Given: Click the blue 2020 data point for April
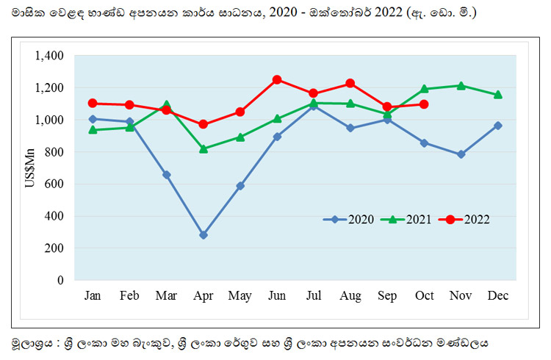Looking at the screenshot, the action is pyautogui.click(x=203, y=235).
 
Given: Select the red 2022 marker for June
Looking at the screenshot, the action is pyautogui.click(x=277, y=80).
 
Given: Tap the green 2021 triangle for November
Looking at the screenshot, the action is pyautogui.click(x=461, y=86).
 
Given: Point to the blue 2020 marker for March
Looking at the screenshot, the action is pyautogui.click(x=167, y=175).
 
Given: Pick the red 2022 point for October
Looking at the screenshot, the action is pyautogui.click(x=424, y=104).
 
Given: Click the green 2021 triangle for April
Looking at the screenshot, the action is pyautogui.click(x=203, y=149).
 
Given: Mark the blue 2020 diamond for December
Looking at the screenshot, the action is pyautogui.click(x=497, y=126).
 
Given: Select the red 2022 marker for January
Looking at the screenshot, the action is pyautogui.click(x=93, y=104).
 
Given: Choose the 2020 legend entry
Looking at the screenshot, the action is pyautogui.click(x=348, y=220).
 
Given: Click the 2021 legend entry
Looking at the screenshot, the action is pyautogui.click(x=406, y=220).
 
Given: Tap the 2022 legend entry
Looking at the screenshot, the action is pyautogui.click(x=464, y=220).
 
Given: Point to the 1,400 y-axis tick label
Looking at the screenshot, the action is pyautogui.click(x=49, y=56).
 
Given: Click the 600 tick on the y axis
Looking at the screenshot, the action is pyautogui.click(x=54, y=184).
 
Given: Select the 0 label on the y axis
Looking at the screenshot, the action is pyautogui.click(x=60, y=280).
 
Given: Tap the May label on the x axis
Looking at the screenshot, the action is pyautogui.click(x=240, y=296).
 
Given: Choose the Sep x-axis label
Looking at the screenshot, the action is pyautogui.click(x=387, y=296).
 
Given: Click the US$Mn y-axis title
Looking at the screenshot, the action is pyautogui.click(x=30, y=168).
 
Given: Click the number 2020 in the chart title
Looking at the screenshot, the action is pyautogui.click(x=284, y=12).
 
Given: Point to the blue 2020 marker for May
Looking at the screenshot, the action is pyautogui.click(x=240, y=186).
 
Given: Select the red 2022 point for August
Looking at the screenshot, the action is pyautogui.click(x=350, y=83).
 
